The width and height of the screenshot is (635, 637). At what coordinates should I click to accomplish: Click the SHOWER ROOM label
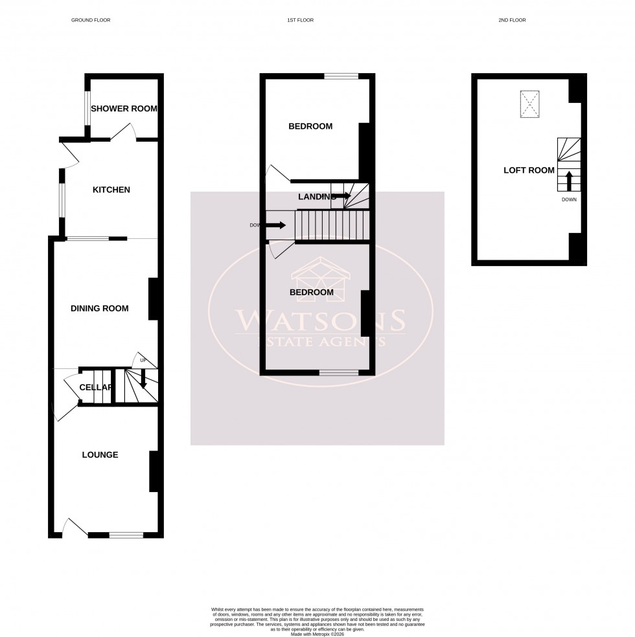124,108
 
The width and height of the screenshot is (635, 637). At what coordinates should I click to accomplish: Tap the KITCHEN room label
111,190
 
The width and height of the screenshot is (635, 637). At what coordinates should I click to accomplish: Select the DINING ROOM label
100,308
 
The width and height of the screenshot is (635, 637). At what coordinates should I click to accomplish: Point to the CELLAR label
96,387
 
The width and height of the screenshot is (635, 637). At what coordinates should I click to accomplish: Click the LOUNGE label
100,454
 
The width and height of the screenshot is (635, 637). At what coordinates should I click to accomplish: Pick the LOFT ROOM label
529,170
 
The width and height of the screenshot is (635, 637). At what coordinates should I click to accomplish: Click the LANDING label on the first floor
316,196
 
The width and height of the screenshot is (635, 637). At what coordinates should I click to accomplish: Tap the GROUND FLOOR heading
91,20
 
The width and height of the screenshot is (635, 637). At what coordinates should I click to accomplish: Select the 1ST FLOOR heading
300,20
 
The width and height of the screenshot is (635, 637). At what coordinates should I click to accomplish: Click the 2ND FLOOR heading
512,20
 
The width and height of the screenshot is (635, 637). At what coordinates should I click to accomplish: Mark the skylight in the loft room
530,104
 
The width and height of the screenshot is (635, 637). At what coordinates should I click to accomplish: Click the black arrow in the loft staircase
569,181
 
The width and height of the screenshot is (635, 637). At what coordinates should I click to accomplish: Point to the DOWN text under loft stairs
569,199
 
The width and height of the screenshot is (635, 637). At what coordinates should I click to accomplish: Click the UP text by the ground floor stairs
143,360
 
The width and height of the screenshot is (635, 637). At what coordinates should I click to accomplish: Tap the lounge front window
126,535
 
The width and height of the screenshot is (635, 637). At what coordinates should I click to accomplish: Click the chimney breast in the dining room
154,298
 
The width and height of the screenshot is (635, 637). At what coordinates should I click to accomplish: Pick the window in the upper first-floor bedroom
341,76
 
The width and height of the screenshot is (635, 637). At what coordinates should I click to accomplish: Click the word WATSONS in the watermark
320,320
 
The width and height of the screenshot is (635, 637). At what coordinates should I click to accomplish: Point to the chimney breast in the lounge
154,471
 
